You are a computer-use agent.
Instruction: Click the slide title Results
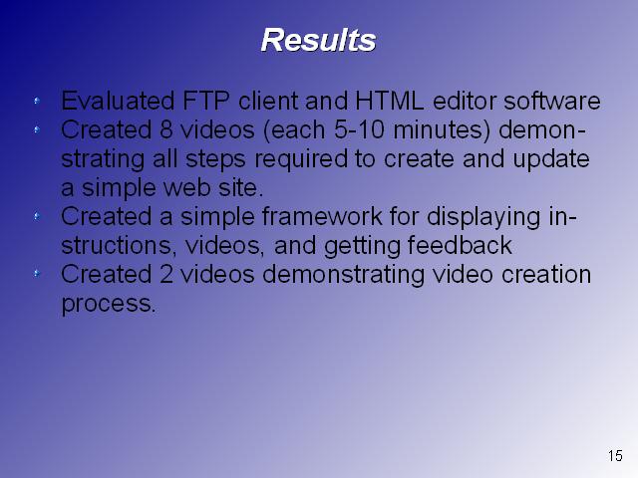(x=318, y=40)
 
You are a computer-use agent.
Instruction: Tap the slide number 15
(x=615, y=455)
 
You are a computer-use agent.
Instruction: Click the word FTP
(x=206, y=101)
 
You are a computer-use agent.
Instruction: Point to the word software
(x=552, y=101)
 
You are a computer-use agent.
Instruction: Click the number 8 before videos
(x=166, y=129)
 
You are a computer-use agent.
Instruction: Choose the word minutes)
(x=442, y=130)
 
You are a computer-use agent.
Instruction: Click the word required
(x=301, y=159)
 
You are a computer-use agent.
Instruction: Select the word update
(x=551, y=159)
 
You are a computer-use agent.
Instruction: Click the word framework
(x=322, y=216)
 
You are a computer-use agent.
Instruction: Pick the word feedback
(x=460, y=245)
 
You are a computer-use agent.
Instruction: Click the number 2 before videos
(x=166, y=274)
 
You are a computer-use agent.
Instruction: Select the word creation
(x=546, y=274)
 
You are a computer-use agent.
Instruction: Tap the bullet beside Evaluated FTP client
(x=37, y=101)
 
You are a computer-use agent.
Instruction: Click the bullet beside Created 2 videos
(x=37, y=274)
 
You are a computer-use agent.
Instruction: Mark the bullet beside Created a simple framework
(x=37, y=216)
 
